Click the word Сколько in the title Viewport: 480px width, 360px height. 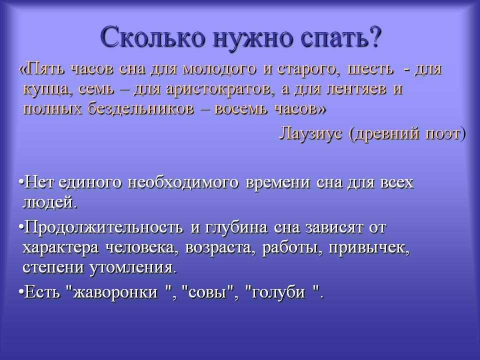[153, 38]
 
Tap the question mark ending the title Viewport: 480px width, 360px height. [374, 36]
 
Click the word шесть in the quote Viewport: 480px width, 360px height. [370, 69]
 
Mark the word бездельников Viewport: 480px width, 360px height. [141, 108]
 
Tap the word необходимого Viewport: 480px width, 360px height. [183, 183]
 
